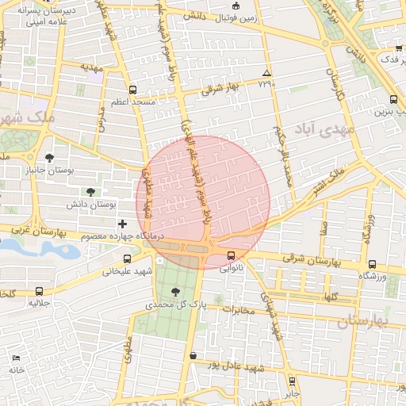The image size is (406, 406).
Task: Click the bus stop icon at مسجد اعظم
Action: click(132, 90)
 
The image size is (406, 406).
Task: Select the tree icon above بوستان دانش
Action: click(90, 192)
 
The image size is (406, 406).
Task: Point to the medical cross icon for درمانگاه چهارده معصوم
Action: click(121, 224)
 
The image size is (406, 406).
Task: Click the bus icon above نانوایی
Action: click(231, 255)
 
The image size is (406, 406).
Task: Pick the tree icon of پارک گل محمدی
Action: click(175, 292)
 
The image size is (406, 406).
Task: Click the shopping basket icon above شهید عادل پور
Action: click(193, 354)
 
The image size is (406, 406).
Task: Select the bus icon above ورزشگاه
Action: click(372, 264)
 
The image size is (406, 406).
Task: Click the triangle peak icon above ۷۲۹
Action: click(266, 73)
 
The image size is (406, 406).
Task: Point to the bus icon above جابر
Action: click(292, 381)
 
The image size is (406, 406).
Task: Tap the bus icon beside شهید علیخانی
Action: click(127, 259)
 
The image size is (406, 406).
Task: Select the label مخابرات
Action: click(241, 309)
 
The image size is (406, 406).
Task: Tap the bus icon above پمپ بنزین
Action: click(394, 99)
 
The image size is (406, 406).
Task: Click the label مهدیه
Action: click(93, 68)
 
